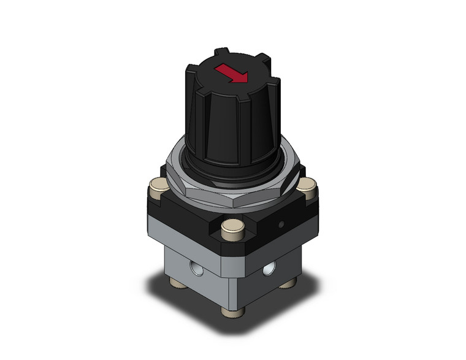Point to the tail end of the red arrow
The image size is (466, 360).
[x=220, y=68]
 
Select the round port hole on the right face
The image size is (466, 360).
[x=268, y=269]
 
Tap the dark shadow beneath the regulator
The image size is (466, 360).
[x=184, y=301]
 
